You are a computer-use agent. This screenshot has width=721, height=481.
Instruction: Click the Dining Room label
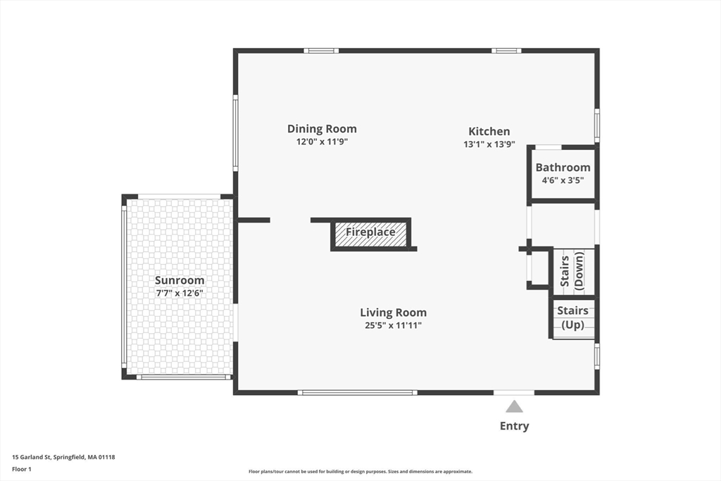322,129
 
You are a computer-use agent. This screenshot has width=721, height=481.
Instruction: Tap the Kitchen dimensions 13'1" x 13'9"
489,144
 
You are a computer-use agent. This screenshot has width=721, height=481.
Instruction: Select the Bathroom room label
563,168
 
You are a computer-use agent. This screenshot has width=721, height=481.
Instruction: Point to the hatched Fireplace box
370,235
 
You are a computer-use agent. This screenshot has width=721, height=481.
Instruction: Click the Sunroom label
180,280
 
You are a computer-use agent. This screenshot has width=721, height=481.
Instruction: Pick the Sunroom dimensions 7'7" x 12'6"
180,293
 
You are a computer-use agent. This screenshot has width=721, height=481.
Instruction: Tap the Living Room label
393,313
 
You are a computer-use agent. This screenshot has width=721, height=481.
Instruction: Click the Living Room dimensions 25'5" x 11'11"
393,325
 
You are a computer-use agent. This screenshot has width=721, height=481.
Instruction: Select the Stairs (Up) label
572,318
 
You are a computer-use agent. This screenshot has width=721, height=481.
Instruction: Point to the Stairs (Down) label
572,270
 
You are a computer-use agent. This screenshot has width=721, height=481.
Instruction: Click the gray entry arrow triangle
515,406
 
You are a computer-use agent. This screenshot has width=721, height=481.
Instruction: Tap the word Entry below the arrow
515,426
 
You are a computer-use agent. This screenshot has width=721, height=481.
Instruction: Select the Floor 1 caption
22,469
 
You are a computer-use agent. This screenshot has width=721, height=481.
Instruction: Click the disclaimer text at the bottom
360,471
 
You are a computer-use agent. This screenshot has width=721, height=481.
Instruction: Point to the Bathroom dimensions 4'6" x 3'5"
563,180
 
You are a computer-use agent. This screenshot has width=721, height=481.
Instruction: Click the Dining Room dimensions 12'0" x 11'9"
322,142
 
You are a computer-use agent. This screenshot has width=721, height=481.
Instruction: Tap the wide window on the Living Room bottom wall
358,393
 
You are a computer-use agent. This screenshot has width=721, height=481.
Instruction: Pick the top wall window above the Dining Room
321,51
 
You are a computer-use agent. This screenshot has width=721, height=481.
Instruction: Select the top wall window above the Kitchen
506,51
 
